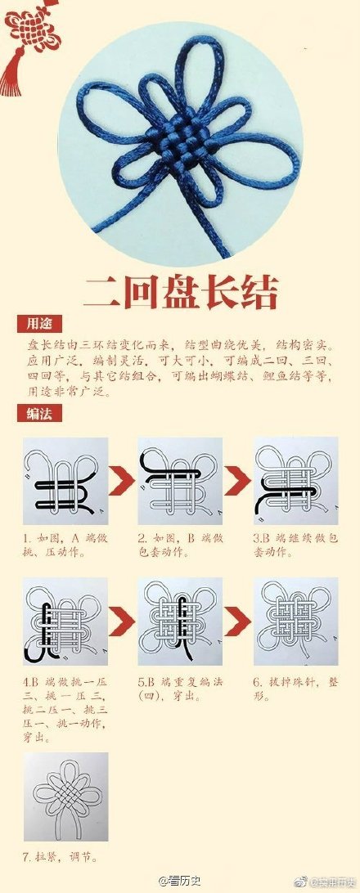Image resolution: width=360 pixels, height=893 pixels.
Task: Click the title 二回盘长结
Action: (180, 292)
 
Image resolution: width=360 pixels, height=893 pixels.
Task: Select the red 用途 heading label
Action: (38, 324)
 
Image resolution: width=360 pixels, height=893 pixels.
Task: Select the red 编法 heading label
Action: (38, 414)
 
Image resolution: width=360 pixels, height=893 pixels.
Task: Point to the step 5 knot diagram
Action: (180, 622)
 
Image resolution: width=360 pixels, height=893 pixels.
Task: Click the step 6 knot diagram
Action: (295, 622)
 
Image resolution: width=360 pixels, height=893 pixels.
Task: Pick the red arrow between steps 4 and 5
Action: (123, 622)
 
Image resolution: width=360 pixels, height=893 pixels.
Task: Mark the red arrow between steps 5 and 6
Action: (238, 622)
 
